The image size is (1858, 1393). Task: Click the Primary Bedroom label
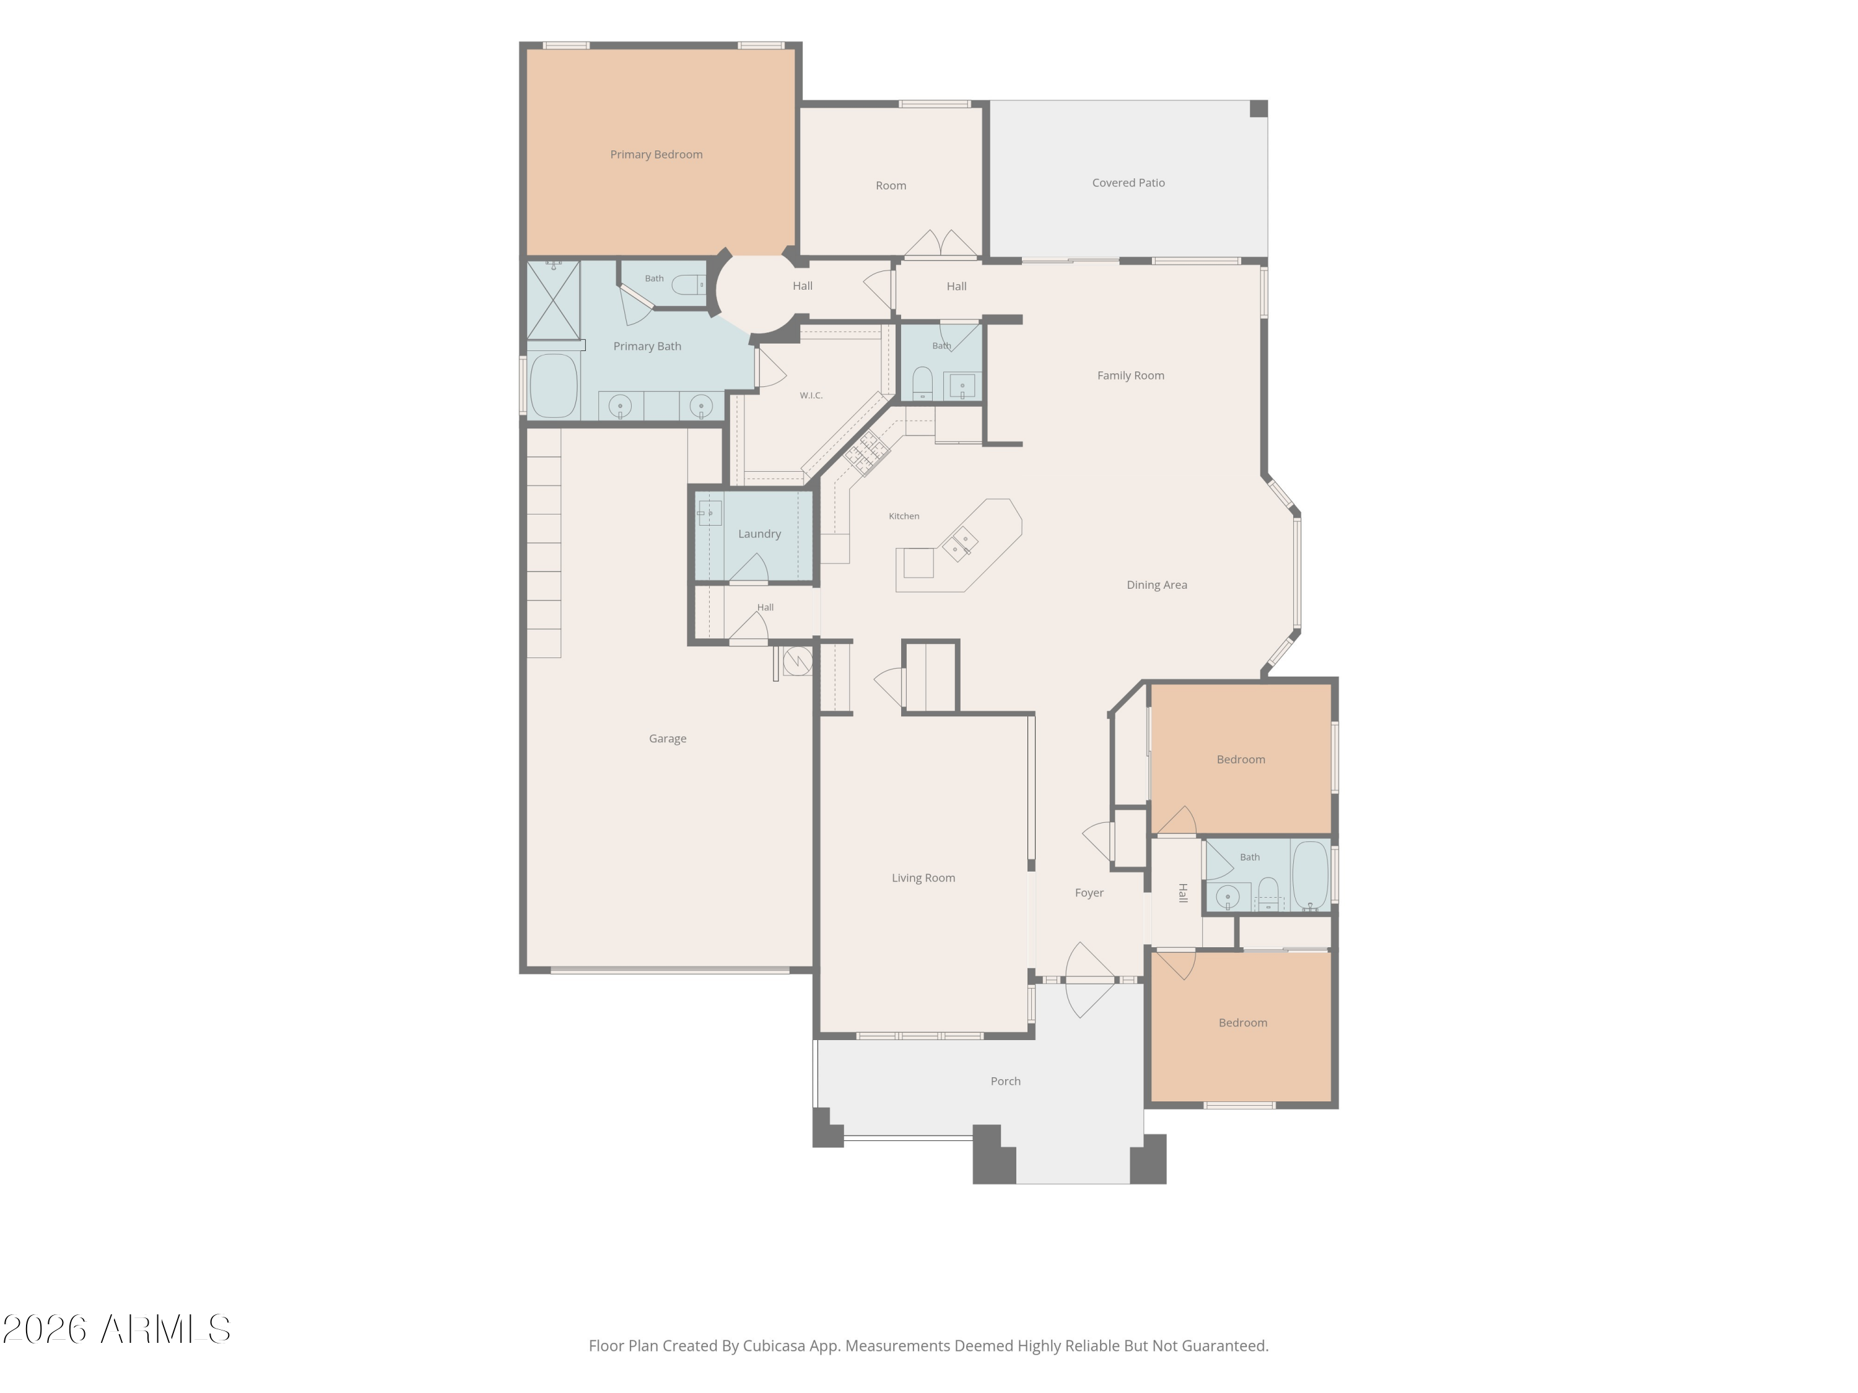click(x=656, y=155)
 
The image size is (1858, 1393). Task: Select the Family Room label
click(x=1130, y=375)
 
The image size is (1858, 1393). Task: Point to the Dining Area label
click(x=1157, y=584)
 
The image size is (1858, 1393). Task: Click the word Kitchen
click(x=904, y=516)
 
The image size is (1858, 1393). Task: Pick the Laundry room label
click(x=759, y=534)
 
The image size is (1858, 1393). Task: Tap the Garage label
click(x=668, y=739)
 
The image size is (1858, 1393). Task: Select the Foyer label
click(x=1089, y=893)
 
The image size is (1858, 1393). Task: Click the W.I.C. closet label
click(x=811, y=396)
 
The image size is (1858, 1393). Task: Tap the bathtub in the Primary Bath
click(x=554, y=386)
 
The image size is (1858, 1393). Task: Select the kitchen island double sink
click(x=959, y=544)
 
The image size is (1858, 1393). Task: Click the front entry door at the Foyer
click(x=1089, y=980)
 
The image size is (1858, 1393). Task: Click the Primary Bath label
click(x=647, y=346)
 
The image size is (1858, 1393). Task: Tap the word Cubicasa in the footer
click(x=774, y=1346)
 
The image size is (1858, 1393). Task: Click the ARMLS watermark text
click(x=165, y=1330)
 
